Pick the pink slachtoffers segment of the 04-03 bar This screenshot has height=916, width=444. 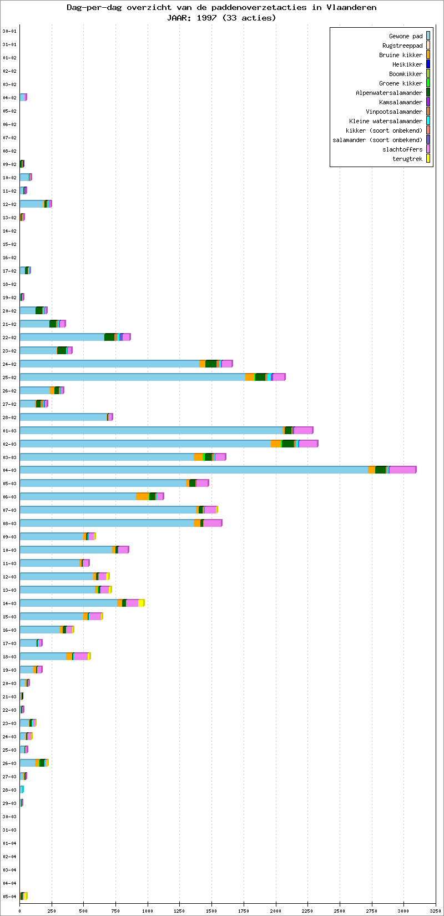click(x=402, y=470)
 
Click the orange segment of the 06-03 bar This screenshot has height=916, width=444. click(x=143, y=496)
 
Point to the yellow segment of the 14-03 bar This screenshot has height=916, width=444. click(x=142, y=603)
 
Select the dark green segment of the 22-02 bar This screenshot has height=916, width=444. click(x=109, y=337)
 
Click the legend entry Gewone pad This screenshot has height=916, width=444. click(x=406, y=36)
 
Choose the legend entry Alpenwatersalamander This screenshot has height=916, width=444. click(x=389, y=93)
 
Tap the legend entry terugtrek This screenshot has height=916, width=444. click(x=407, y=159)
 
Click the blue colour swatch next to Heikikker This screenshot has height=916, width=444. click(x=428, y=64)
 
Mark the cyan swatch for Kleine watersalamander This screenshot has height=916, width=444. click(x=428, y=121)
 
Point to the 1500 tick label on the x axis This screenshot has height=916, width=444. click(x=211, y=910)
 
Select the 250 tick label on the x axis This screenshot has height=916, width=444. click(x=52, y=910)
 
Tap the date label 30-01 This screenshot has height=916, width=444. click(x=9, y=31)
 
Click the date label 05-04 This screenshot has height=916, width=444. click(x=9, y=897)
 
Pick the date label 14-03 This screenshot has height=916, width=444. click(x=9, y=603)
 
